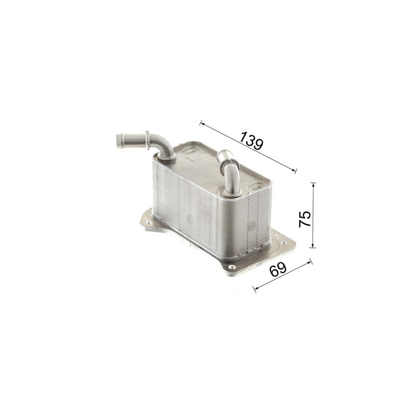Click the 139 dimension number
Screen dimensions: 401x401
click(251, 141)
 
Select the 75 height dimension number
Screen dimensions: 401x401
click(305, 219)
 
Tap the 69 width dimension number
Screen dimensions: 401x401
click(278, 270)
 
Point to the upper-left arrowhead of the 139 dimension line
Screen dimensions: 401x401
click(202, 124)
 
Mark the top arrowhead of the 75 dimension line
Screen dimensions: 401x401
click(313, 185)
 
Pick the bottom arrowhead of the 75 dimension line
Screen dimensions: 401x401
click(313, 246)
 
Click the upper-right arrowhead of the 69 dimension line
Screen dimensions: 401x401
click(310, 262)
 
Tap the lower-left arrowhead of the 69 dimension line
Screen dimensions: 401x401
click(256, 288)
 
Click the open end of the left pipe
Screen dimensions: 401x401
click(119, 141)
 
